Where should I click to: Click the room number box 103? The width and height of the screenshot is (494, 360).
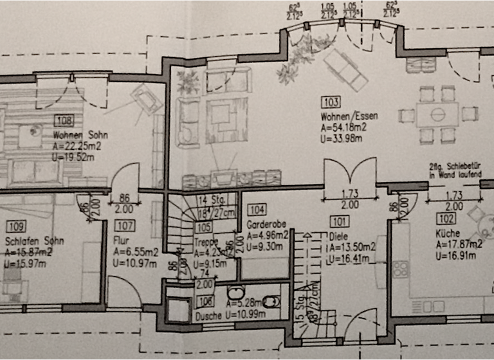click(331, 102)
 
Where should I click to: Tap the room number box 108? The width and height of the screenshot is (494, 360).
click(64, 120)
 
